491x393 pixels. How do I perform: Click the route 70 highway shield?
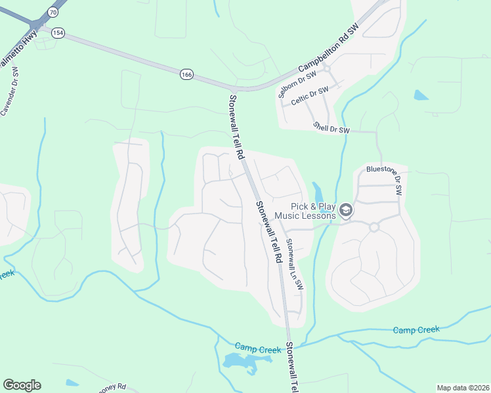53,12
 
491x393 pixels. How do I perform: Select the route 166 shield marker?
187,75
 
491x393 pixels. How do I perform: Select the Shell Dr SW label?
331,128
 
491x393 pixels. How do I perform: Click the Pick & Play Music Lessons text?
305,210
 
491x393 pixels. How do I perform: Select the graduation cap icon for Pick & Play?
346,211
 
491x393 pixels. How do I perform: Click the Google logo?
22,385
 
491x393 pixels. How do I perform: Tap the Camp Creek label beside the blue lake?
258,350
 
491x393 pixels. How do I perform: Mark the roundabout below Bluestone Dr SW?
374,227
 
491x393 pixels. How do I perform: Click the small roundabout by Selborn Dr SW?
326,68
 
